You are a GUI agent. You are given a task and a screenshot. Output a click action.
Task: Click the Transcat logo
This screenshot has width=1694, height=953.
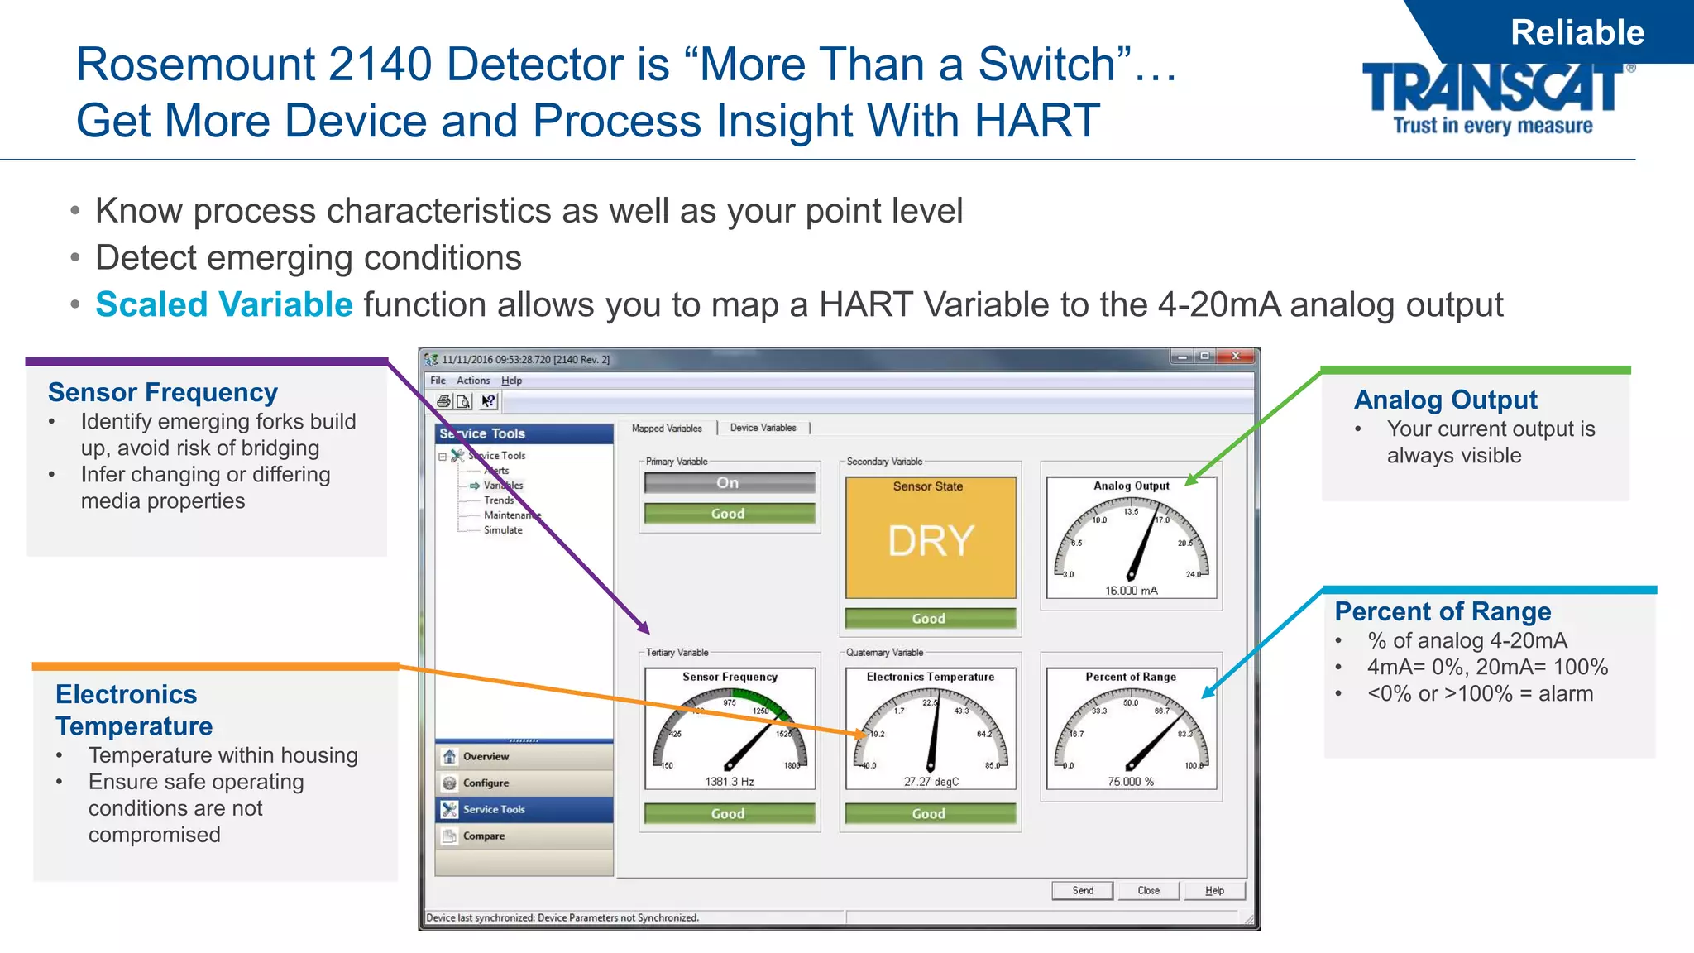click(1493, 97)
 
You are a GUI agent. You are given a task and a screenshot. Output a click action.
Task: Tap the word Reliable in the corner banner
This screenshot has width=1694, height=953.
click(1577, 32)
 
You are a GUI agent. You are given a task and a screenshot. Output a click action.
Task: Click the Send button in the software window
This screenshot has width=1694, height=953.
click(1083, 890)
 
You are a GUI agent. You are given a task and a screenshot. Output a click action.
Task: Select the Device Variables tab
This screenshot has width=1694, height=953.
click(763, 428)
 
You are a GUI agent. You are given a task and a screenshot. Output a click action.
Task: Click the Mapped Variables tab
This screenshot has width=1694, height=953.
click(667, 428)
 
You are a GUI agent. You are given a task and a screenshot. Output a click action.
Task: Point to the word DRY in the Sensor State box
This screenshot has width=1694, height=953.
click(931, 542)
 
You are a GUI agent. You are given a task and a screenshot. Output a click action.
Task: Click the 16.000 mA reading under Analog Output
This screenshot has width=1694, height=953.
click(1131, 591)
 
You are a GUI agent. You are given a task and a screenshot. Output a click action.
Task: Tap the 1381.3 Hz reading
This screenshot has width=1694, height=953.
click(729, 782)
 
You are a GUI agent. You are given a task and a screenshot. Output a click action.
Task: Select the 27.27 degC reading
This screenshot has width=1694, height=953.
click(931, 782)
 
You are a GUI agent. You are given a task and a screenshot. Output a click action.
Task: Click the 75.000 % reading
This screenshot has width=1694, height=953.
click(1131, 782)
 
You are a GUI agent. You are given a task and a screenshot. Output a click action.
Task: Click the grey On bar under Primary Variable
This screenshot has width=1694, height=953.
click(729, 483)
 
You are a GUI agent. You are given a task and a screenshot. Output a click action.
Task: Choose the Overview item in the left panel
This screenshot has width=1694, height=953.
click(486, 756)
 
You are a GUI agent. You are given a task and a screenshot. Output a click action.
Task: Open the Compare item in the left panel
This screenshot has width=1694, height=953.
click(484, 836)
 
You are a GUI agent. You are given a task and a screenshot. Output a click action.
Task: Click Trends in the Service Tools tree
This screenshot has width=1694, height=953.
click(499, 500)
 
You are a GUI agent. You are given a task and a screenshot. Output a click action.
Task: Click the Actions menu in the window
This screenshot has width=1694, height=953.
click(473, 381)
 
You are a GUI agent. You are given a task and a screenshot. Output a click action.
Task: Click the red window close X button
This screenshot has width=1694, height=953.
click(1236, 357)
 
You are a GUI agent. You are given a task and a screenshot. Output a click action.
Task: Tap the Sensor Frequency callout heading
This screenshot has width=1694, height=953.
click(163, 392)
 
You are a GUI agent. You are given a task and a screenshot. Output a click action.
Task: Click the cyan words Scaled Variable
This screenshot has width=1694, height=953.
click(224, 304)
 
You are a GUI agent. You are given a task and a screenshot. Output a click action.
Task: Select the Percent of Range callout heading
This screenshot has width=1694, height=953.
click(1443, 611)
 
